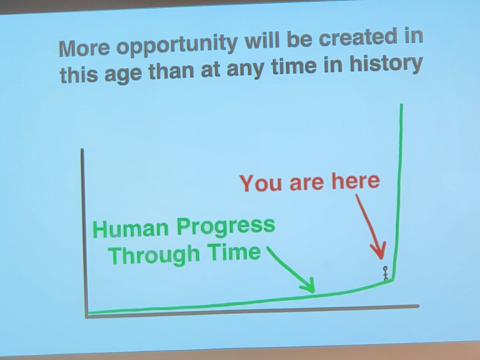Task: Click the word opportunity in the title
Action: (177, 45)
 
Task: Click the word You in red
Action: (261, 183)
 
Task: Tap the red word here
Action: (355, 181)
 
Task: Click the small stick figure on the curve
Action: (385, 273)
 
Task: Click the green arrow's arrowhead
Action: (308, 285)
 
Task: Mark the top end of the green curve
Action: (402, 105)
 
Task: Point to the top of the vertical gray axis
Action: (82, 150)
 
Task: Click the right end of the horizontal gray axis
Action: (418, 306)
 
